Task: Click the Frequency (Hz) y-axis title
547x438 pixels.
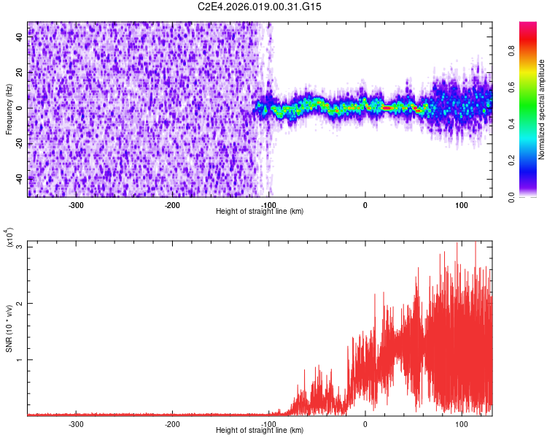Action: point(9,109)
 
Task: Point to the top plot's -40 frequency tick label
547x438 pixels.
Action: point(19,178)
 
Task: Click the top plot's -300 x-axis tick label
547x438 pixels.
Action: point(76,204)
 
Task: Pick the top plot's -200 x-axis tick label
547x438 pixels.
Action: point(172,204)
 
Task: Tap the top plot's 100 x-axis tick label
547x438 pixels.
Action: point(461,204)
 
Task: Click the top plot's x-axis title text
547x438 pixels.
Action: point(260,211)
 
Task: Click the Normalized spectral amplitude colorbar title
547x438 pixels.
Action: point(542,109)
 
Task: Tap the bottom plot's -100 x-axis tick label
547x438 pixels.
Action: point(268,423)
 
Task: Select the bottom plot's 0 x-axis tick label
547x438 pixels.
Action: point(365,423)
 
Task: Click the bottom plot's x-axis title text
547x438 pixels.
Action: point(260,430)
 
